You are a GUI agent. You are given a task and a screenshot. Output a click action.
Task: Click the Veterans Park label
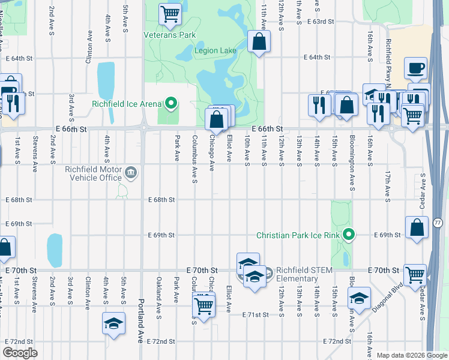point(170,35)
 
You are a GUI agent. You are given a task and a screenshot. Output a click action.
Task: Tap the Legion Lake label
point(215,51)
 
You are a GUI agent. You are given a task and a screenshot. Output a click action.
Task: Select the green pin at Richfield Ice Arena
point(171,104)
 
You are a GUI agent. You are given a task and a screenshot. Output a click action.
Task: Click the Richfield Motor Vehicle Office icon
point(131,173)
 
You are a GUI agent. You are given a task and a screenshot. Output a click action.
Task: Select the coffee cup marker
point(415,68)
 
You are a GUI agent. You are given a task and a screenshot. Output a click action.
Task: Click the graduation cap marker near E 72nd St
point(113,323)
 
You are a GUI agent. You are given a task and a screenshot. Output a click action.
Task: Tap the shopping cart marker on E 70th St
point(415,275)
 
